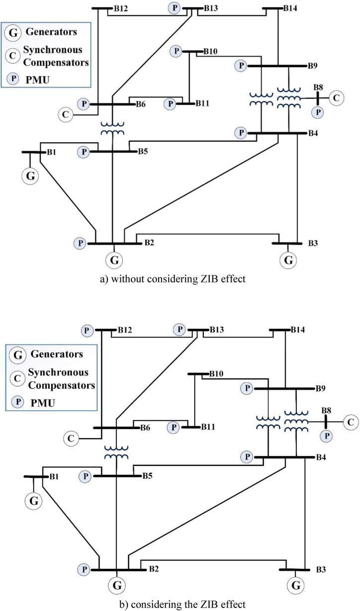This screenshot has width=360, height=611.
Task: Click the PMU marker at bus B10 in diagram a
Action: pyautogui.click(x=176, y=51)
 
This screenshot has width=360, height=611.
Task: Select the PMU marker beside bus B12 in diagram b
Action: pyautogui.click(x=88, y=330)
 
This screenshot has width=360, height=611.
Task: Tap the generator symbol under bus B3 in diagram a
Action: pyautogui.click(x=288, y=259)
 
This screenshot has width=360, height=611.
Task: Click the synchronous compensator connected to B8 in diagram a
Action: pyautogui.click(x=337, y=97)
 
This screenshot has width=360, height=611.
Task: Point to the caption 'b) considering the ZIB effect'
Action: pyautogui.click(x=180, y=605)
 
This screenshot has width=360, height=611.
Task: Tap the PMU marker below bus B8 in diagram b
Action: pyautogui.click(x=326, y=436)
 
